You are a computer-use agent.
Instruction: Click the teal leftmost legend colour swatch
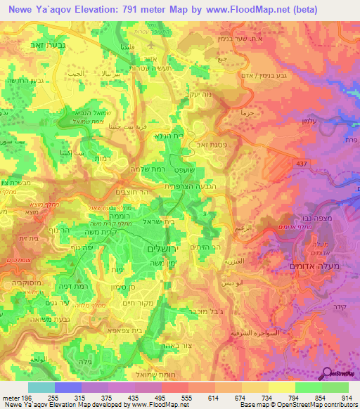(41, 387)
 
